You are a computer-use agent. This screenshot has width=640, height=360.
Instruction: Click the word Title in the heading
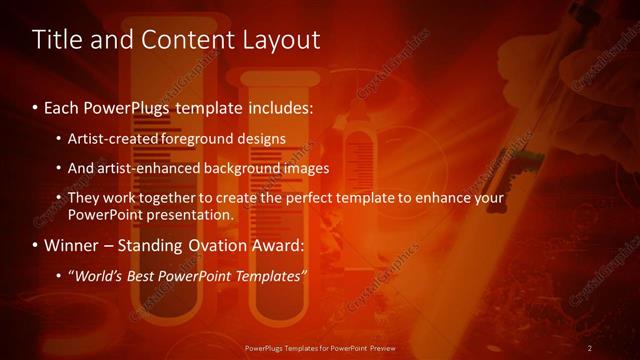(57, 40)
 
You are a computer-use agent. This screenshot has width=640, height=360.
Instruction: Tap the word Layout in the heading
(276, 40)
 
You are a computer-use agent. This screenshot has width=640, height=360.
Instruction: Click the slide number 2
(589, 347)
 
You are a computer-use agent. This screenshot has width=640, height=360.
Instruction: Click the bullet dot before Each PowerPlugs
(36, 106)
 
